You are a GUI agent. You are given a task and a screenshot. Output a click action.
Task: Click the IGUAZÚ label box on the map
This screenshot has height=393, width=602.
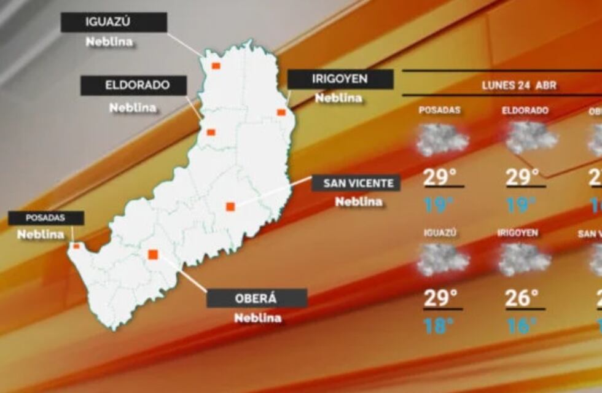(114, 23)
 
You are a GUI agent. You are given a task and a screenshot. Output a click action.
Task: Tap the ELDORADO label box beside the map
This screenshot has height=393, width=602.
(133, 85)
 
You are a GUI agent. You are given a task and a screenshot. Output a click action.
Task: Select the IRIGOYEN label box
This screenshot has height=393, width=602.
(340, 79)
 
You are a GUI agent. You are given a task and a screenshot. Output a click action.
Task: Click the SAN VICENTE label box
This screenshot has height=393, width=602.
(356, 183)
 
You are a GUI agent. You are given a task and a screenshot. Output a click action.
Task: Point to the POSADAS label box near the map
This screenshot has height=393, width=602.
(45, 218)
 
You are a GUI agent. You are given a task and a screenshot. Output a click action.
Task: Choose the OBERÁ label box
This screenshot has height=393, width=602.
(256, 298)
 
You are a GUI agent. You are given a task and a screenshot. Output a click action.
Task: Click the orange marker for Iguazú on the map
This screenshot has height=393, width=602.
(216, 66)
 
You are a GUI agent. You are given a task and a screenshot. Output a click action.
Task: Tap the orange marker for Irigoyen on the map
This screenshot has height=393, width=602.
(281, 112)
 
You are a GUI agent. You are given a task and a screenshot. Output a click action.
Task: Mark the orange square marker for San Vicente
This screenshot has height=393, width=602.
(230, 207)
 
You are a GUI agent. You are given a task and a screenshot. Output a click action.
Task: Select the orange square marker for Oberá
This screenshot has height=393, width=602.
(153, 254)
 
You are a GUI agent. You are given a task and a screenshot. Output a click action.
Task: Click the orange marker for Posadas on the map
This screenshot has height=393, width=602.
(76, 246)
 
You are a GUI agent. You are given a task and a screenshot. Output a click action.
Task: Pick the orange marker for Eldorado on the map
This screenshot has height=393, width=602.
(211, 132)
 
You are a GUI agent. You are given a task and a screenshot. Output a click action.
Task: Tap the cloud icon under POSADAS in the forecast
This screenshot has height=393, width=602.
(442, 139)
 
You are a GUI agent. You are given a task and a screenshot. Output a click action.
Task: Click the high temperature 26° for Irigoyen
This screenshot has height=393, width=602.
(522, 298)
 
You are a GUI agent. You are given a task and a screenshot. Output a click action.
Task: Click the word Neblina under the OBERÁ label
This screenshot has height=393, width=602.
(257, 318)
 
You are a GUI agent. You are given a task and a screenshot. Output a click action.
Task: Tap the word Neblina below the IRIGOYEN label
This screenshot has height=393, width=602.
(338, 98)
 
